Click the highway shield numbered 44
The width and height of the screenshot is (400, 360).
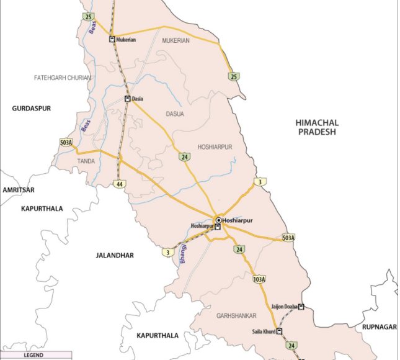click(x=118, y=184)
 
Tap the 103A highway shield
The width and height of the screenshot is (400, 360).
click(x=259, y=281)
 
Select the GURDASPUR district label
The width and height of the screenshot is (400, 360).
click(x=31, y=108)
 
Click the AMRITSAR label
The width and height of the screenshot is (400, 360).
click(x=18, y=189)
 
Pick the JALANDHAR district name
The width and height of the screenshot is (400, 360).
click(x=115, y=255)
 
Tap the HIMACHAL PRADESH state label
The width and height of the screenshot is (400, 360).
click(x=316, y=128)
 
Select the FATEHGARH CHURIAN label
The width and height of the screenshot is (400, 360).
click(x=63, y=78)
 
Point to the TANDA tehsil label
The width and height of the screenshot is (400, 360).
click(x=86, y=161)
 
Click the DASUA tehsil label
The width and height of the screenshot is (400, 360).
click(x=176, y=114)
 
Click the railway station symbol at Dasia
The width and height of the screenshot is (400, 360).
click(x=127, y=99)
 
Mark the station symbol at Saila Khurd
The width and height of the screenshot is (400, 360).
click(x=280, y=331)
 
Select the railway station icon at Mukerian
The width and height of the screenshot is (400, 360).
click(x=112, y=40)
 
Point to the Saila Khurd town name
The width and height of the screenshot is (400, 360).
click(x=260, y=332)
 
